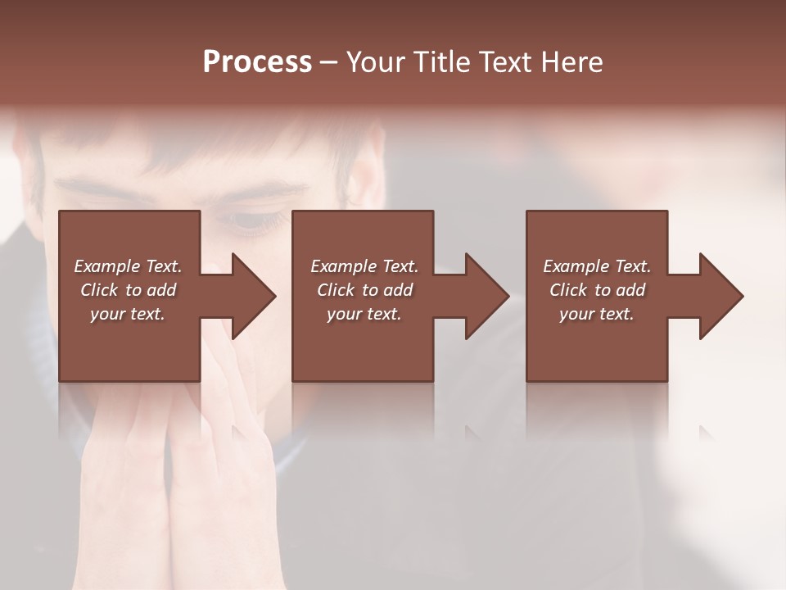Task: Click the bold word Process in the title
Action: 257,62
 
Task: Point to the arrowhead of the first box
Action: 252,296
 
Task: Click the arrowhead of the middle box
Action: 486,296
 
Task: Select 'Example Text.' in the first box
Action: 128,266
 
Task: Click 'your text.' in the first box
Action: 128,314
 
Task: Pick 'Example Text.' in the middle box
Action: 364,266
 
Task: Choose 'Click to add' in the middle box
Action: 364,290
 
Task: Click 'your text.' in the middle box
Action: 364,314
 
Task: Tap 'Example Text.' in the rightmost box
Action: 597,266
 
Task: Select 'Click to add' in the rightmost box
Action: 597,290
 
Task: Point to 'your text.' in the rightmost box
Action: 597,314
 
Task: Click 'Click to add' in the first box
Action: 128,290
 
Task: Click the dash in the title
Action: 328,62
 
